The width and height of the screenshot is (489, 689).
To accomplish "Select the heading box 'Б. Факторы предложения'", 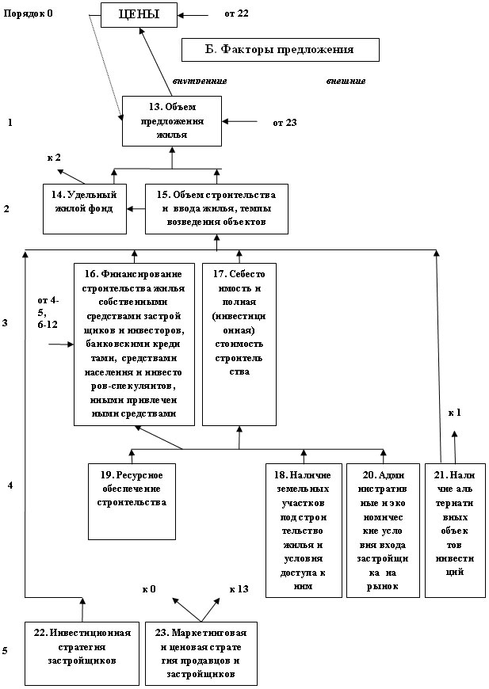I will point(281,50).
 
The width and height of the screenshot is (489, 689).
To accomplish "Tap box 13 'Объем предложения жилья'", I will point(171,120).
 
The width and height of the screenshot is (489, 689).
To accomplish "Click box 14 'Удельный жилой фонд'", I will point(86,208).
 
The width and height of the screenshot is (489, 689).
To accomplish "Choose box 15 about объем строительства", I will point(216,209).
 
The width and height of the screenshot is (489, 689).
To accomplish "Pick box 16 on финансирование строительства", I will point(134,344).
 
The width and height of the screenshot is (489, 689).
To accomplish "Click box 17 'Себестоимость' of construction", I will point(239,344).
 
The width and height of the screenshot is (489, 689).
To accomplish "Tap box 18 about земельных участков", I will point(304,530).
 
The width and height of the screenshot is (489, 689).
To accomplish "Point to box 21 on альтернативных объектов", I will point(455,530).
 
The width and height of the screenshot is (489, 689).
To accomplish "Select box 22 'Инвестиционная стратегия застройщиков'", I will point(82,652).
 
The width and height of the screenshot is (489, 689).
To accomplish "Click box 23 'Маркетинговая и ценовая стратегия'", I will point(203,652).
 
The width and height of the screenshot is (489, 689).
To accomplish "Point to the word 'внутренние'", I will point(199,81).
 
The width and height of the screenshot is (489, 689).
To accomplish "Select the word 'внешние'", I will point(346,81).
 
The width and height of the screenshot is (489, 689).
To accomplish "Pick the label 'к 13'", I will point(239,589).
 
